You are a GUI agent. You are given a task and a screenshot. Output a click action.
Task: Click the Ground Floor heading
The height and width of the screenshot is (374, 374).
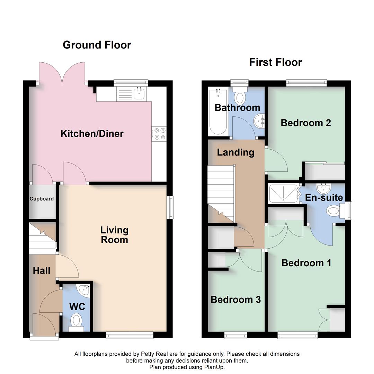tap(97, 45)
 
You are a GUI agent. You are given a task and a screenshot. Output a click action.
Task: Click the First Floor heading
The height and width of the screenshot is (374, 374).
tap(276, 62)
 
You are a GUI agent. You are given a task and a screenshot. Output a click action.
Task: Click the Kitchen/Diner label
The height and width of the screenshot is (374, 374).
tap(92, 134)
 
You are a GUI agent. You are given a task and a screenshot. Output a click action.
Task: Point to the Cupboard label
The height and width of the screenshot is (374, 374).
tap(42, 199)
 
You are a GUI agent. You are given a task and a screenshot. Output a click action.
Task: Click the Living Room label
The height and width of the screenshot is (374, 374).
tap(114, 235)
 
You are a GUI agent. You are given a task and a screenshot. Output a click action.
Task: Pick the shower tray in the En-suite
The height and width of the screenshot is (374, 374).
tap(283, 193)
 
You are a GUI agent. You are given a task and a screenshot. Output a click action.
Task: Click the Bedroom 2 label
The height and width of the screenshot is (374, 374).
tap(306, 123)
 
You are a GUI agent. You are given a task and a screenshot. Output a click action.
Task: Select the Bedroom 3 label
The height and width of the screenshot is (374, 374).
tap(235, 300)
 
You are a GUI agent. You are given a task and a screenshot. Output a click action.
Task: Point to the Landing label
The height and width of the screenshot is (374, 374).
tap(235, 152)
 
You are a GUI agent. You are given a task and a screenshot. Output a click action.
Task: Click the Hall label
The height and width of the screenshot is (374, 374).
tap(42, 271)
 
